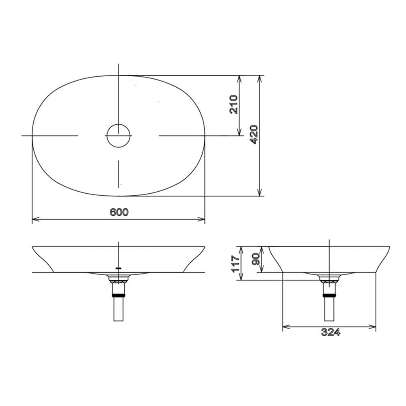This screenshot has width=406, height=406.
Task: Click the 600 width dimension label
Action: pos(119,212)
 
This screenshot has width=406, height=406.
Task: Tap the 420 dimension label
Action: pos(254,134)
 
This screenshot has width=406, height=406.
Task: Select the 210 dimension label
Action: pos(233,104)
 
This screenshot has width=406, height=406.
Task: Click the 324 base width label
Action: pos(330,332)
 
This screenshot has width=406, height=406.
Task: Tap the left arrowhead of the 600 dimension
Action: pos(35,219)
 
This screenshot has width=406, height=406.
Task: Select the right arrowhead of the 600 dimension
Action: pos(201,219)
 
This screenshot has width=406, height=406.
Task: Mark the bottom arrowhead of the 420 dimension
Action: pos(259,192)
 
